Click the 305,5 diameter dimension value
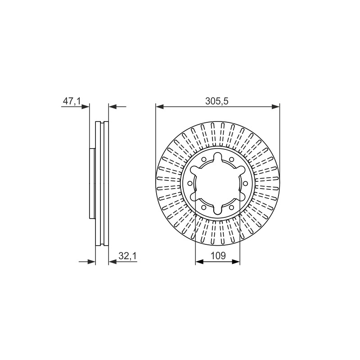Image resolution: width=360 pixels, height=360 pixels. tap(217, 101)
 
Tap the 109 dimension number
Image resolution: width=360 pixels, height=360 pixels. tap(218, 256)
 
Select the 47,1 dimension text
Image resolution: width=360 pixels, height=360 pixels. tap(72, 101)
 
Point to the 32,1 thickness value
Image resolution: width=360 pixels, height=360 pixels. tap(127, 256)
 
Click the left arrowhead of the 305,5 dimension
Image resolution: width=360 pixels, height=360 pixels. tap(160, 107)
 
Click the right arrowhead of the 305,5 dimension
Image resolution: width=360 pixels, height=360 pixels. tap(276, 107)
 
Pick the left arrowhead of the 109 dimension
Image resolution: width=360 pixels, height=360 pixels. tap(199, 261)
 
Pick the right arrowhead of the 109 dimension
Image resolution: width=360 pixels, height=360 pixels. tap(236, 261)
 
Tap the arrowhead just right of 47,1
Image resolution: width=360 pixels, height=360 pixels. tap(85, 107)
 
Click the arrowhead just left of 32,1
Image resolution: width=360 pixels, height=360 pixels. tap(112, 261)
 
